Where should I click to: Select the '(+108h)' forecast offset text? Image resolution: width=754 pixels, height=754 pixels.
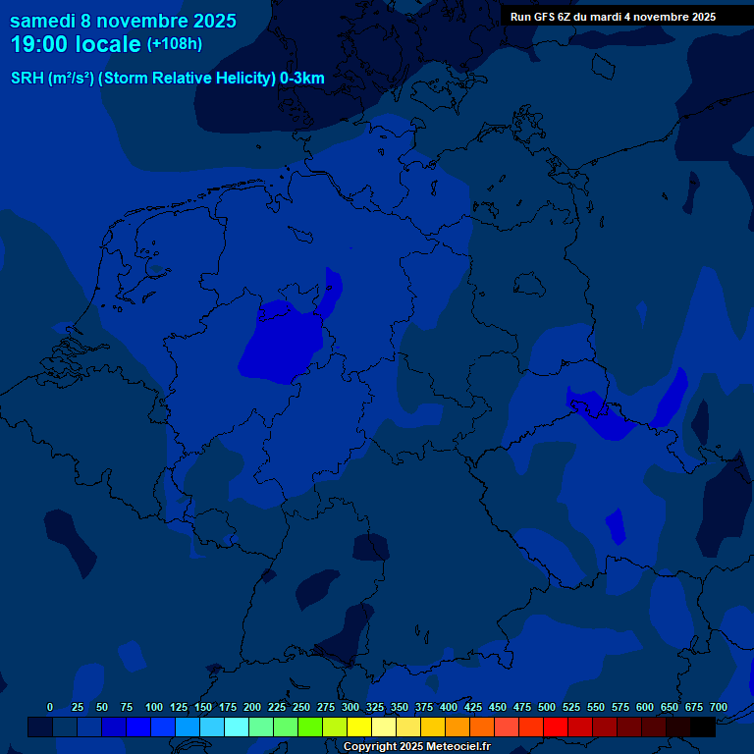click(x=174, y=44)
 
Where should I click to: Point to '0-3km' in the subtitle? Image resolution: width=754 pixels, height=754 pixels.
click(x=302, y=79)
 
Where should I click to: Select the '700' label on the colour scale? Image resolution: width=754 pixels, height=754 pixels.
click(x=718, y=707)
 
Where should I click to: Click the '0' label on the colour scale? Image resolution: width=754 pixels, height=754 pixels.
click(x=50, y=707)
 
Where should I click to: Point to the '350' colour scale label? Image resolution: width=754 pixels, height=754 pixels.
click(x=400, y=707)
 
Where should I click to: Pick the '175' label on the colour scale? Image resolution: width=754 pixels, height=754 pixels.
click(x=228, y=707)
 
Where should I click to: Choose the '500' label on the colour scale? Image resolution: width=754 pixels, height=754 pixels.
click(x=547, y=707)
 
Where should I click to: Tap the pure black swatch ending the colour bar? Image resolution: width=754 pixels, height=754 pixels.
click(x=703, y=727)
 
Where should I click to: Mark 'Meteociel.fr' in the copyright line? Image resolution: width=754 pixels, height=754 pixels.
click(x=458, y=747)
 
